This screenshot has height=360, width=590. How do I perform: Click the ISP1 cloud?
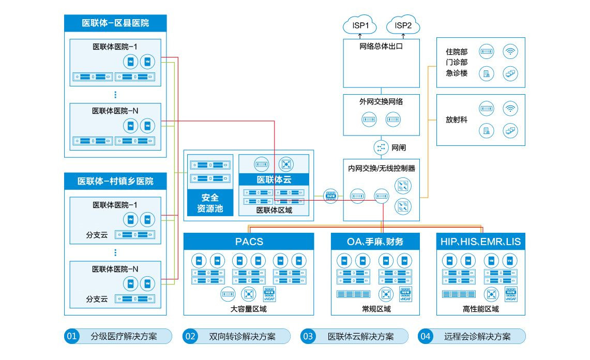click(x=360, y=25)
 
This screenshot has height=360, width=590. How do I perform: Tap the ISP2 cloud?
click(x=403, y=25)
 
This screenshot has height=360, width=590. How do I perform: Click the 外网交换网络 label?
click(x=381, y=102)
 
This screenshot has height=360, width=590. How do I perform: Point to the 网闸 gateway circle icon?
click(x=381, y=147)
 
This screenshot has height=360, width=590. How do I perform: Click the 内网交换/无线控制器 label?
click(x=381, y=168)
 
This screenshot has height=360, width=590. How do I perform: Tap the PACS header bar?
click(x=249, y=242)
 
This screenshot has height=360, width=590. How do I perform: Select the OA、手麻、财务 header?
click(x=375, y=242)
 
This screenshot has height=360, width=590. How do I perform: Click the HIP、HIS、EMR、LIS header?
click(x=480, y=242)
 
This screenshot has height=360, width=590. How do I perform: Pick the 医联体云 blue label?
click(x=274, y=180)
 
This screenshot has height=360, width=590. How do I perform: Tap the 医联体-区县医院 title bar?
click(x=115, y=23)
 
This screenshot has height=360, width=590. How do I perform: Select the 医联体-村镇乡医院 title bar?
click(x=115, y=181)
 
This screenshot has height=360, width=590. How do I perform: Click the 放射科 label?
click(x=457, y=119)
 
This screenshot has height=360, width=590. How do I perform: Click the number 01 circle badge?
click(x=71, y=337)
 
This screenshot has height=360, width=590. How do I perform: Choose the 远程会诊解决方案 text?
click(x=477, y=337)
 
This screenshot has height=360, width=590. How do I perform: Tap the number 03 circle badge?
click(x=308, y=337)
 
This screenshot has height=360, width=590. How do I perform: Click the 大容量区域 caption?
click(x=249, y=309)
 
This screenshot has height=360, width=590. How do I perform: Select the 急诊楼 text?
click(x=457, y=73)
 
